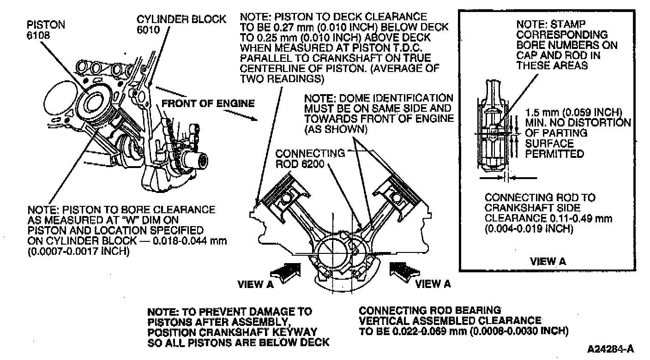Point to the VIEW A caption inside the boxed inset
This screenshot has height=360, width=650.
click(548, 261)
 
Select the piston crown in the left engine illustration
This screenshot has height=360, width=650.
click(97, 102)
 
